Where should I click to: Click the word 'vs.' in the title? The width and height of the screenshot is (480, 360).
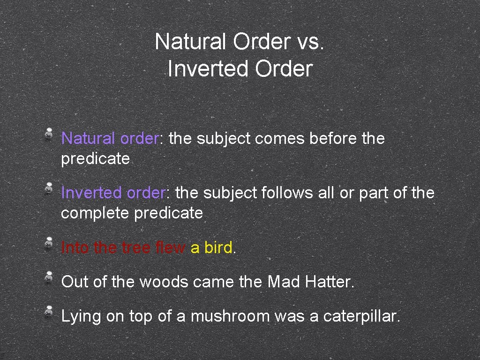coord(311,42)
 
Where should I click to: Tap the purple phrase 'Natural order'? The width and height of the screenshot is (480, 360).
coord(110,139)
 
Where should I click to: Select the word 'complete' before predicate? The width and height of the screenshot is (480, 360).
coord(96,213)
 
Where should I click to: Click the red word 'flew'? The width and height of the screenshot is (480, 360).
coord(171,247)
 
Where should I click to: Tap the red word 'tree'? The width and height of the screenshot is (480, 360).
coord(136,247)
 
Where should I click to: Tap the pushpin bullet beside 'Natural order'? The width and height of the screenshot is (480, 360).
coord(49,134)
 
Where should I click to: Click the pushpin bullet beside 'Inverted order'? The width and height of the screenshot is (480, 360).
coord(49,188)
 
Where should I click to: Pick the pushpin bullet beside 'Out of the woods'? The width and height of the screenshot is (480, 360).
coord(49,277)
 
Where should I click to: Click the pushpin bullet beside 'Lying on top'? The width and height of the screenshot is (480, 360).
coord(49,312)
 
